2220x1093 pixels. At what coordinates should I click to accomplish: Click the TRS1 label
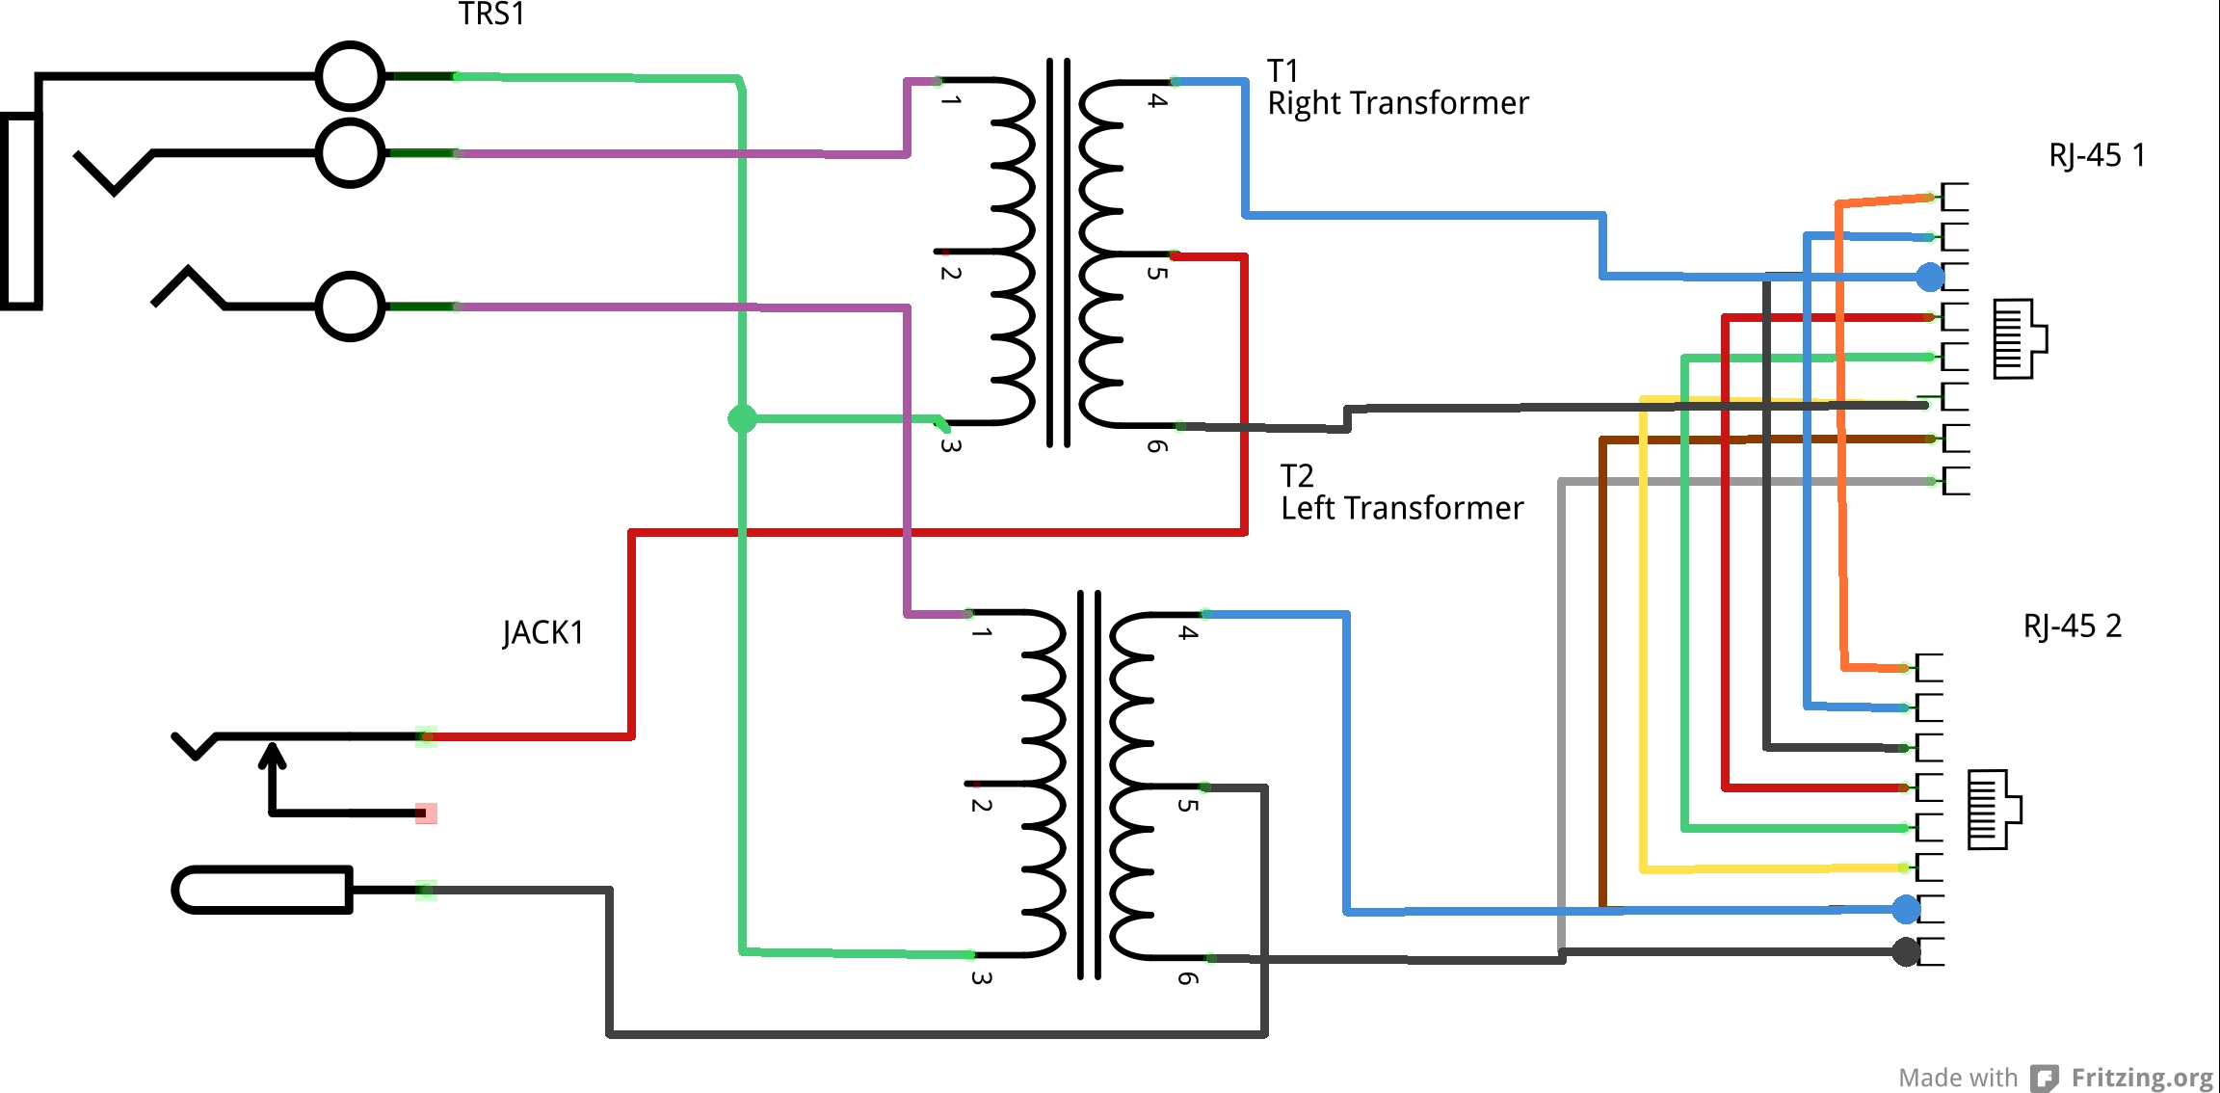(x=491, y=14)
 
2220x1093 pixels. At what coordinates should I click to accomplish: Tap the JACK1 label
(x=543, y=633)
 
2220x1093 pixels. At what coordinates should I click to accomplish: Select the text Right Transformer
(x=1397, y=103)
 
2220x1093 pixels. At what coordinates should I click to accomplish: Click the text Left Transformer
(x=1402, y=508)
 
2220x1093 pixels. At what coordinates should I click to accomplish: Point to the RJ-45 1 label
(x=2097, y=155)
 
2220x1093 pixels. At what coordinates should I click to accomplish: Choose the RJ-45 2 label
(x=2072, y=626)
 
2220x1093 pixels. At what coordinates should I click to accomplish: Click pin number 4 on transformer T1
(x=1158, y=100)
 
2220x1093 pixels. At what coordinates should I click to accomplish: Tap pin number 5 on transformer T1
(x=1158, y=273)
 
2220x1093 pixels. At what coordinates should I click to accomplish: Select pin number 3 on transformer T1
(x=950, y=445)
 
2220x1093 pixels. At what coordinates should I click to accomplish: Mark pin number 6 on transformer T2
(x=1188, y=978)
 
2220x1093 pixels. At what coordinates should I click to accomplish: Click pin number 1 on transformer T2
(x=981, y=632)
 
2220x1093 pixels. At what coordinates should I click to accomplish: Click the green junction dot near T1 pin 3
(x=742, y=418)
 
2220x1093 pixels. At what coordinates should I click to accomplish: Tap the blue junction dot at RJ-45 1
(x=1930, y=278)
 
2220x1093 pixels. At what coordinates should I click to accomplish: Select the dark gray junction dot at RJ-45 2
(x=1906, y=952)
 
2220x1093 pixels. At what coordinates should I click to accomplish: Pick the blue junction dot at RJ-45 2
(x=1906, y=909)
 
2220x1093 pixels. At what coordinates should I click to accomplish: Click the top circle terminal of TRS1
(x=351, y=76)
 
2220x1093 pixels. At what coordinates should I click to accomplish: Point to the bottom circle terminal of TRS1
(x=351, y=307)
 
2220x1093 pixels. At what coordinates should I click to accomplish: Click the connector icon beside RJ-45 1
(x=2020, y=338)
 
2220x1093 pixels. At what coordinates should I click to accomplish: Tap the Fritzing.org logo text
(x=2142, y=1078)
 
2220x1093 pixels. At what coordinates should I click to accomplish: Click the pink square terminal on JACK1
(x=426, y=813)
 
